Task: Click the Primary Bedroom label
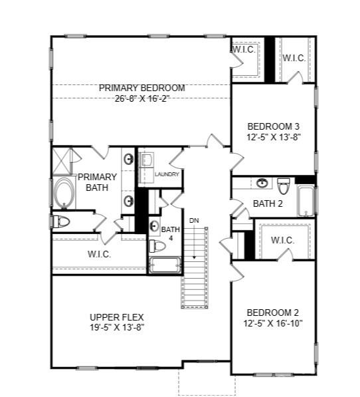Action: pos(141,88)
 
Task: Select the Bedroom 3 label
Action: pos(273,126)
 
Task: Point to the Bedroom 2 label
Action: pos(273,313)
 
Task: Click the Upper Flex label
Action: pos(117,317)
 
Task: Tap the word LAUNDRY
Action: pos(167,174)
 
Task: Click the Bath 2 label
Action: pos(268,203)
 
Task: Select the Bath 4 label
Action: pos(171,233)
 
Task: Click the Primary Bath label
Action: pos(97,182)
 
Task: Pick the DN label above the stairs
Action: pos(194,220)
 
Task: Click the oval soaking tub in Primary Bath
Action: pos(64,194)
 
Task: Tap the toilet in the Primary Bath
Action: pos(60,221)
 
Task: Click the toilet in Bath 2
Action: pos(284,186)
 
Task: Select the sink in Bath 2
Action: pos(262,183)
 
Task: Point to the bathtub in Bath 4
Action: pos(164,267)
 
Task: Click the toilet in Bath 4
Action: pos(157,246)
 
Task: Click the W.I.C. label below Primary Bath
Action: pos(99,254)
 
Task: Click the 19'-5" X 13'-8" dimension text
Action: pos(117,327)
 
